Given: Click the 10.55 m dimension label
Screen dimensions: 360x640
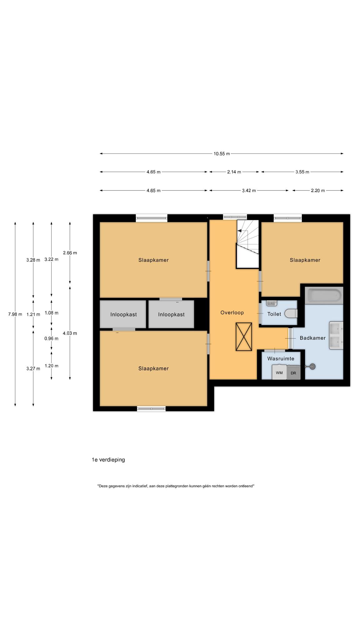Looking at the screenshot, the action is pyautogui.click(x=222, y=154).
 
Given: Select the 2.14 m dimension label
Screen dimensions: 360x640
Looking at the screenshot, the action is pyautogui.click(x=234, y=172).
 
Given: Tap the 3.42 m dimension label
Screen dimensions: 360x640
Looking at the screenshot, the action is pyautogui.click(x=249, y=191).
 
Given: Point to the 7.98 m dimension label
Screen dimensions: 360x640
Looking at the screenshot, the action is pyautogui.click(x=15, y=314).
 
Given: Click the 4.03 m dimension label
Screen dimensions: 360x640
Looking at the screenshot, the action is pyautogui.click(x=70, y=333).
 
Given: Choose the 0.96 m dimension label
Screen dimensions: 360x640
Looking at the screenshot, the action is pyautogui.click(x=51, y=338).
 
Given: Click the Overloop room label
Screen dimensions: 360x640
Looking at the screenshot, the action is pyautogui.click(x=232, y=312).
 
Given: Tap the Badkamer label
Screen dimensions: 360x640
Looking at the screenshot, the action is pyautogui.click(x=312, y=338).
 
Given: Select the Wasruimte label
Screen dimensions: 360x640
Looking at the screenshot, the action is pyautogui.click(x=281, y=359).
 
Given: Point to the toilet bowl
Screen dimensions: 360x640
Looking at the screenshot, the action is pyautogui.click(x=291, y=313).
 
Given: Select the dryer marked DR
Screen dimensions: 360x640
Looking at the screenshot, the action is pyautogui.click(x=293, y=373).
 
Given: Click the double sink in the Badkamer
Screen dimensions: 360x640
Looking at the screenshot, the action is pyautogui.click(x=336, y=335).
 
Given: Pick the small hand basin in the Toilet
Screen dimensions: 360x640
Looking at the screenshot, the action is pyautogui.click(x=272, y=303).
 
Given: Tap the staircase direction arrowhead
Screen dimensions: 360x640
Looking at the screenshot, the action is pyautogui.click(x=240, y=230).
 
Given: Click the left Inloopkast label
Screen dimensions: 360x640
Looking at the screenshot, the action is pyautogui.click(x=123, y=314).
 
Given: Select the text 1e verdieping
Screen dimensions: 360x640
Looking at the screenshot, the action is pyautogui.click(x=108, y=460).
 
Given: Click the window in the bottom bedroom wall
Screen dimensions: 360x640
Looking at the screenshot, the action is pyautogui.click(x=151, y=408).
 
